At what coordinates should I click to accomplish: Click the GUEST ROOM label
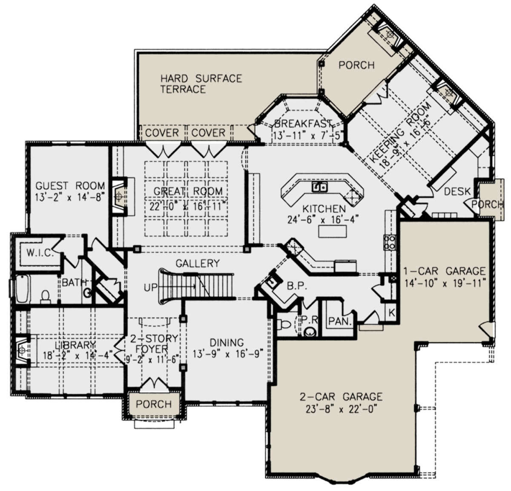coord(70,186)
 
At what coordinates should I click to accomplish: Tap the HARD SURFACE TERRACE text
coord(201,84)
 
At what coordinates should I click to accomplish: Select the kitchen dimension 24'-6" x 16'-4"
coord(323,220)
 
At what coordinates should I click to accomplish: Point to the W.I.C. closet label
coord(40,253)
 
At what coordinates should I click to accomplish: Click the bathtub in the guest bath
coord(23,289)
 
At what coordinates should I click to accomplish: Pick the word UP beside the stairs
coord(150,288)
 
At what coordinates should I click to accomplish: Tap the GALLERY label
coord(198,263)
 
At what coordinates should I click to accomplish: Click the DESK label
coord(457,192)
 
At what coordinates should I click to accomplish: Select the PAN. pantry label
coord(340,321)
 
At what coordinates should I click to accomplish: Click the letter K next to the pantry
coord(391,313)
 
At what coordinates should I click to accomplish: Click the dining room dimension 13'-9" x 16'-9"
coord(228,354)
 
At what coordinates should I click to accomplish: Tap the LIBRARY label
coord(75,345)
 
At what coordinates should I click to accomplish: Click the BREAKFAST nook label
coord(304,123)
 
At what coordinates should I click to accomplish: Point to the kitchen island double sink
coord(319,187)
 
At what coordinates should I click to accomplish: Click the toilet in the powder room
coord(284,324)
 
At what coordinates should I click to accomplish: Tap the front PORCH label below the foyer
coord(154,404)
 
